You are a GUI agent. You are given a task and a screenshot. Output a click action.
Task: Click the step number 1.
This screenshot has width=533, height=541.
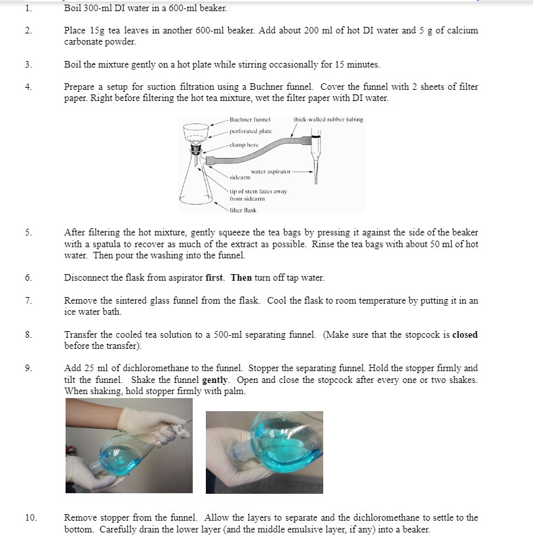click(28, 9)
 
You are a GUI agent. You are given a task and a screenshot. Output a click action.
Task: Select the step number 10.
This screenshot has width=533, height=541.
click(30, 517)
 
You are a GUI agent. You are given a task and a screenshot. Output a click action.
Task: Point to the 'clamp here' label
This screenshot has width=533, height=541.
click(244, 144)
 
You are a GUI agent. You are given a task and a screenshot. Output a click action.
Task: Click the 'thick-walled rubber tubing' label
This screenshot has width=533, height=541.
click(328, 120)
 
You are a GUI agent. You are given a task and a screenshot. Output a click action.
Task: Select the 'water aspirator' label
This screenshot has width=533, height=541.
click(270, 171)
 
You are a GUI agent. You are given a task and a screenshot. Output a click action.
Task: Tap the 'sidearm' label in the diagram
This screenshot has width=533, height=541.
click(240, 177)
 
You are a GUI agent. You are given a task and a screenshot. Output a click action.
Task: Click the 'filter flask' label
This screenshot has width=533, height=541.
click(242, 210)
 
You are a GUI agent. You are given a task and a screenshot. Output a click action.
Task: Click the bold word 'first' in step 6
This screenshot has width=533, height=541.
click(215, 277)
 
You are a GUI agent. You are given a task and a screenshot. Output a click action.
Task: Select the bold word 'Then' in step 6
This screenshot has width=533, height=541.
click(241, 277)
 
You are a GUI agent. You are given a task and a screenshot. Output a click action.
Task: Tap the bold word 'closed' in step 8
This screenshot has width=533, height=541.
click(465, 334)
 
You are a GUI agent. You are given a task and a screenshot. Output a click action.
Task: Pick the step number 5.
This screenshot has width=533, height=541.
click(28, 232)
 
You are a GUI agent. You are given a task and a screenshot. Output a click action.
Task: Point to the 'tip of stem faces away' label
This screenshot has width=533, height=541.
click(258, 191)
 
